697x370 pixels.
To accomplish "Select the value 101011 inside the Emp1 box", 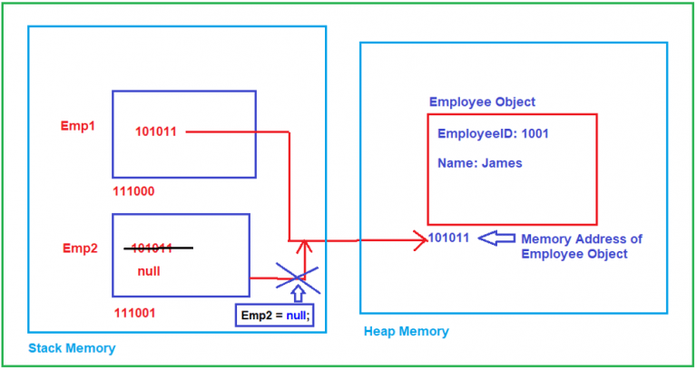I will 156,131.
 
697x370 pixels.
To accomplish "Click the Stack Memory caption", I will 72,348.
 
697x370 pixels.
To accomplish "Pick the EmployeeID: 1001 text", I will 493,133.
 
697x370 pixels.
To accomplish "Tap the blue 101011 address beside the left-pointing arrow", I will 448,238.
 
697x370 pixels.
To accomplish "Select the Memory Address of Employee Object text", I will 581,246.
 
